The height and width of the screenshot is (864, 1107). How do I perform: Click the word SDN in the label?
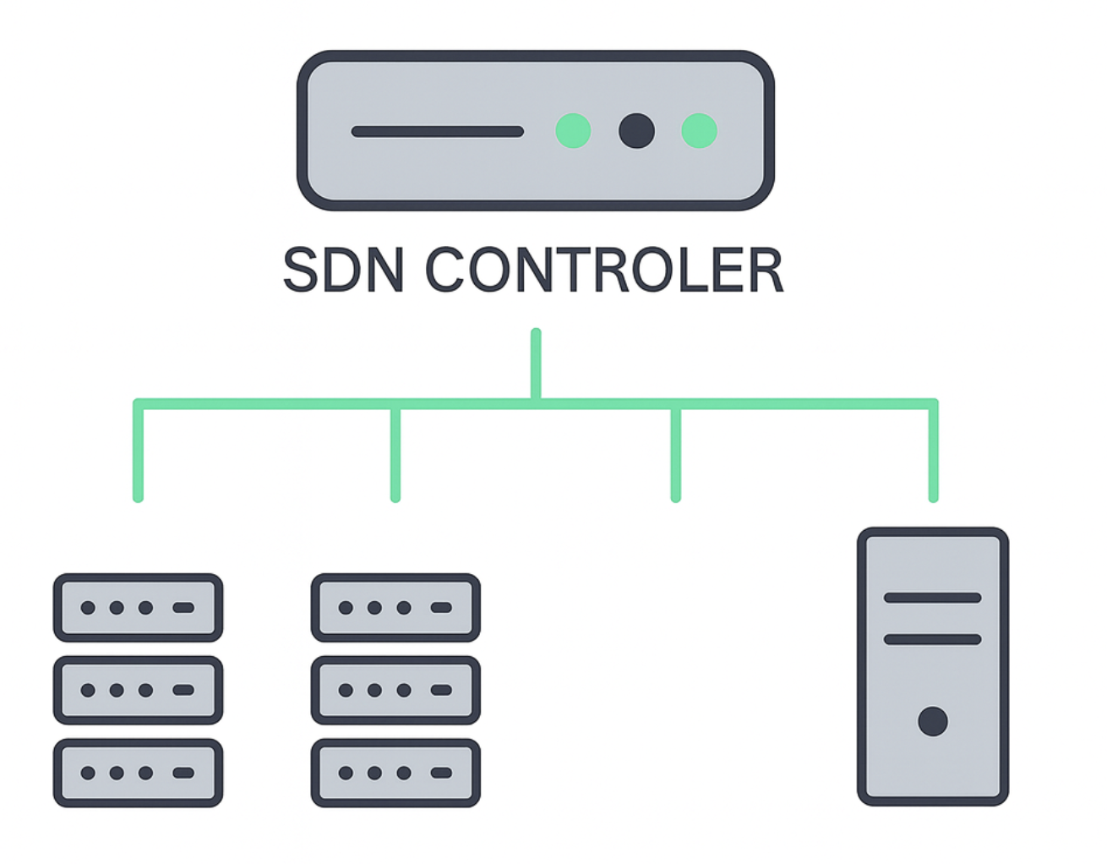pos(342,271)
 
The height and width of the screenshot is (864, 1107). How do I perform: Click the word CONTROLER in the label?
pos(604,271)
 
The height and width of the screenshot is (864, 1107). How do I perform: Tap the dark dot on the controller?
pos(636,131)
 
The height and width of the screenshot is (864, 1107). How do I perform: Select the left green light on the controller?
pos(573,131)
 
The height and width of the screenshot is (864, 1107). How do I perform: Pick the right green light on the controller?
pos(699,131)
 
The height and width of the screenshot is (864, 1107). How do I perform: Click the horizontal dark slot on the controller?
pos(437,132)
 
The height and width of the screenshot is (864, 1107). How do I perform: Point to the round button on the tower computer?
pos(932,721)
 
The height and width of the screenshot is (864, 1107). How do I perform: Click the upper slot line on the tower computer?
pos(932,598)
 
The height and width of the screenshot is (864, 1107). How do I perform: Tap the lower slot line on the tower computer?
pos(932,639)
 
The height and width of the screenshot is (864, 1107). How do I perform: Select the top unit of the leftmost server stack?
pos(138,607)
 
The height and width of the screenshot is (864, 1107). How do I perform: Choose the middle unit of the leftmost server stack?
pos(138,690)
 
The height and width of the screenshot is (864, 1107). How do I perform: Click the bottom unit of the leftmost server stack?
pos(138,773)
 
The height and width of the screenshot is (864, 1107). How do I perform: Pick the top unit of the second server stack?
pos(395,607)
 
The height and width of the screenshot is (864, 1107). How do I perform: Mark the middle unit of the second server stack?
pos(395,690)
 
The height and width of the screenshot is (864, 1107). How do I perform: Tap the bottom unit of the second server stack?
pos(395,773)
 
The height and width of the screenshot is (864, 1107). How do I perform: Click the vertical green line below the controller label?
pos(536,364)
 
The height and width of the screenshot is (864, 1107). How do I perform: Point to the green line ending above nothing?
pos(675,457)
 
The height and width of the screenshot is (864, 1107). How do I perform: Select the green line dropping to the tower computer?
pos(933,457)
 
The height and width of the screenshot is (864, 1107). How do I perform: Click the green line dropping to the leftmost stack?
pos(139,457)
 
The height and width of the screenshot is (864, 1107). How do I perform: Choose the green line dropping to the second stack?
pos(395,457)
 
